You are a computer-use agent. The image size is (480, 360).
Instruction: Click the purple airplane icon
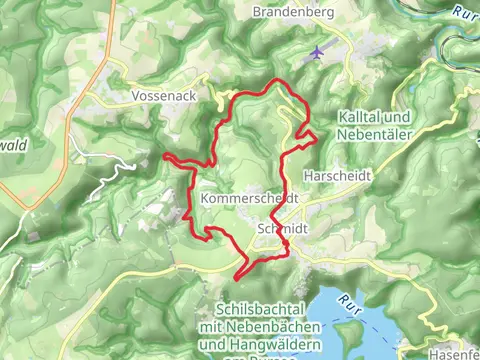coord(318,52)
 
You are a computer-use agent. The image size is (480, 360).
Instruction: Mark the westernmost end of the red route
coord(164,155)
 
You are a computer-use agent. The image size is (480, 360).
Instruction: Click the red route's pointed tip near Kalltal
coord(318,137)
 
